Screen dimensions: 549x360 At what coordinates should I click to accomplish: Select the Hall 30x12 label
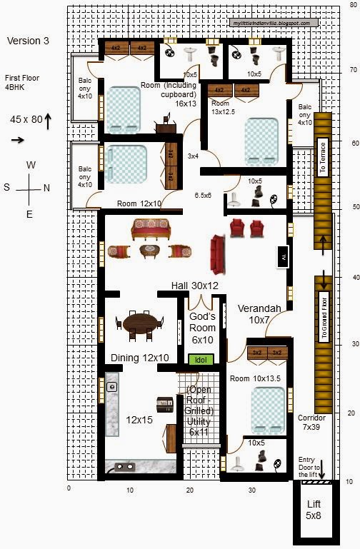(194, 286)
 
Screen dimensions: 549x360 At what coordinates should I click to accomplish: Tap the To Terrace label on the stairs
(322, 157)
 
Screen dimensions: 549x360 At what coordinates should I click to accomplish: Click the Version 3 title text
(28, 41)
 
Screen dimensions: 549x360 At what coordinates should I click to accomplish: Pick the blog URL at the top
(271, 23)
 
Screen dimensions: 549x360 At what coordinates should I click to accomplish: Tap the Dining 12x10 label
(139, 358)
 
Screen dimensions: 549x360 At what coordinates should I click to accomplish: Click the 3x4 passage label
(193, 156)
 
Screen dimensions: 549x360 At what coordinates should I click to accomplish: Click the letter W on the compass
(31, 165)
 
